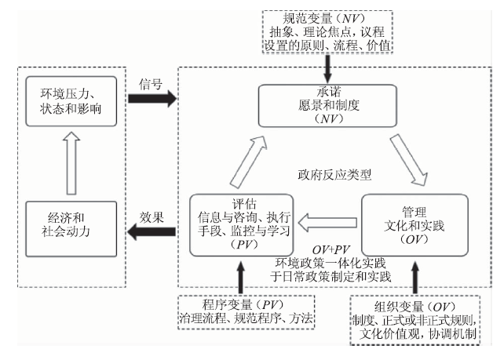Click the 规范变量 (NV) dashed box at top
(x=331, y=32)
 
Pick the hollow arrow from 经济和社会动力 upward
(x=72, y=162)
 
